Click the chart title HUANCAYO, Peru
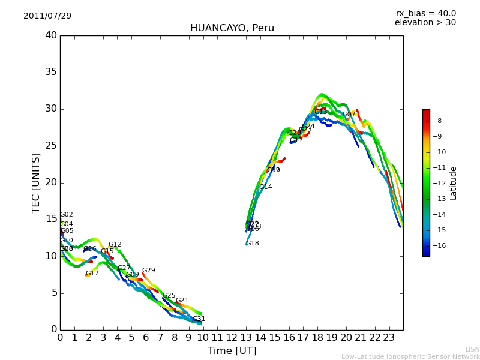click(232, 28)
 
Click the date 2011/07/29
click(47, 16)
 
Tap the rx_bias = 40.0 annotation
click(425, 13)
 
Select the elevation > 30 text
click(425, 23)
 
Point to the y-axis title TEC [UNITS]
click(36, 182)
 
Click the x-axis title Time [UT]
click(232, 350)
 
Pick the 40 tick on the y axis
click(51, 35)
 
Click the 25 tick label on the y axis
click(51, 146)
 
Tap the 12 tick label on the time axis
click(232, 337)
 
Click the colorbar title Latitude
click(454, 182)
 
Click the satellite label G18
click(253, 244)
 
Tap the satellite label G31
click(199, 319)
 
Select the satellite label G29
click(148, 271)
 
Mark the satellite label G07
click(349, 115)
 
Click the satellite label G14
click(265, 187)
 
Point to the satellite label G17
click(92, 274)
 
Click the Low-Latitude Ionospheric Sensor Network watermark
click(410, 356)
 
